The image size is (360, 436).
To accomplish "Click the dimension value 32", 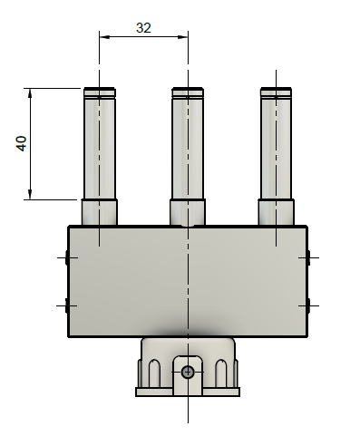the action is [x=143, y=28].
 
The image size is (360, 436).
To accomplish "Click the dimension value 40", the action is [x=22, y=143].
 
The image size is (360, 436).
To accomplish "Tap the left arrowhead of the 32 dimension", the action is [x=104, y=37].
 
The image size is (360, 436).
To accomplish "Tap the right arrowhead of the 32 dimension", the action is [x=183, y=37].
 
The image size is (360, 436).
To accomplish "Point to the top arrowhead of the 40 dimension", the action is [x=30, y=93].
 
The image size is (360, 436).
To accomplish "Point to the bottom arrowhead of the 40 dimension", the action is [x=30, y=195].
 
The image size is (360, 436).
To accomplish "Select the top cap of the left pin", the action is [x=100, y=92].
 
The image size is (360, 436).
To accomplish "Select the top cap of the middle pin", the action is [x=188, y=92].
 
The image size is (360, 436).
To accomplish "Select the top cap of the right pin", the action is [x=276, y=92].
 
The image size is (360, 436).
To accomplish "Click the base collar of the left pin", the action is [x=100, y=212].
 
